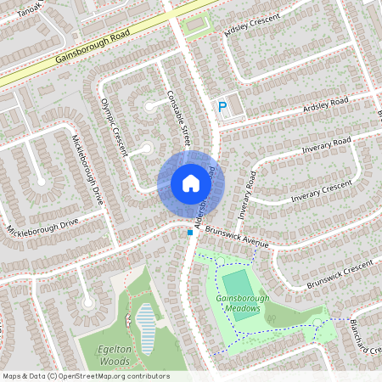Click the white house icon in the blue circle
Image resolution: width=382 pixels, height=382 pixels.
(190, 183)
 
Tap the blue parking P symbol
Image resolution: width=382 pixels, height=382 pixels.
(222, 107)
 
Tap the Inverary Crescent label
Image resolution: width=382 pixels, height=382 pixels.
(321, 191)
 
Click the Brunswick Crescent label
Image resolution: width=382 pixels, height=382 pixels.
(340, 277)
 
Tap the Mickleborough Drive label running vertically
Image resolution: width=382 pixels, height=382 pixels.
(87, 170)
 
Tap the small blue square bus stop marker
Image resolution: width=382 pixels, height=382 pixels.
(189, 232)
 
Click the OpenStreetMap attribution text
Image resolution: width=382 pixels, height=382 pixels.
(85, 376)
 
